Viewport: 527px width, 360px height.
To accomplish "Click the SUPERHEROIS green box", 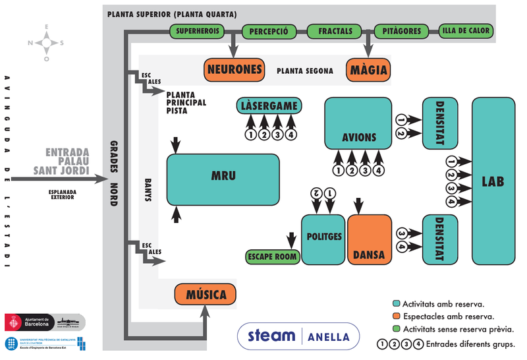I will coord(198,31).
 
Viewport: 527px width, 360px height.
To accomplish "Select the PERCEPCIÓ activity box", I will coord(268,31).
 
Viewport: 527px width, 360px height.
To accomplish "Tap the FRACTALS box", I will coord(335,31).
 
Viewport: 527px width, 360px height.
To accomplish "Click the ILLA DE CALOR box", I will coord(466,31).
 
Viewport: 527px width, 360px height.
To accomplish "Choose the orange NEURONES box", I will coord(235,69).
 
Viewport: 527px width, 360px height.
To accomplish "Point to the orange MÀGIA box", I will coord(368,70).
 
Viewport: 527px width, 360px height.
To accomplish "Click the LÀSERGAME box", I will coord(270,106).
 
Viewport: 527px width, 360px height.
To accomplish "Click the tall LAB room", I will coord(493,181).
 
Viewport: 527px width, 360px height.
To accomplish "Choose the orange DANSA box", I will coord(369,239).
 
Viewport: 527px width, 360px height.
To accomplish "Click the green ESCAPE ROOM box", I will coord(272,256).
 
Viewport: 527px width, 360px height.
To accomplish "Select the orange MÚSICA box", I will coord(205,295).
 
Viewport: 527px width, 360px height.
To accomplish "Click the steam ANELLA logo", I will coord(298,336).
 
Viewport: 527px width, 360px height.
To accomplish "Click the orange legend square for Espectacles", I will coord(396,316).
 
